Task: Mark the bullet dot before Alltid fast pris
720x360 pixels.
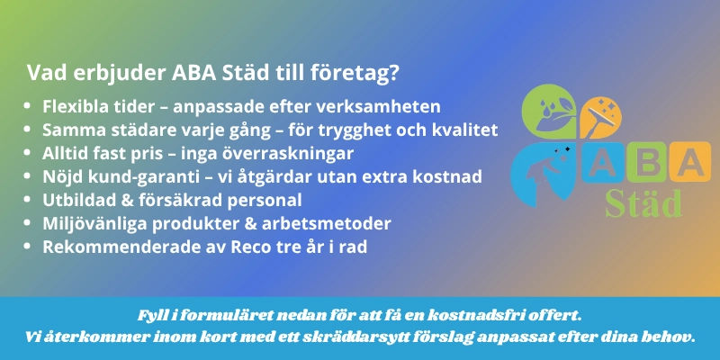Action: pos(27,153)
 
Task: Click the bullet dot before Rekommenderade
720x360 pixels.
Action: pos(27,247)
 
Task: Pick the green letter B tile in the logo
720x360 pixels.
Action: pos(645,162)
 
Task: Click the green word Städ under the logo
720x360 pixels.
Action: pos(643,202)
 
